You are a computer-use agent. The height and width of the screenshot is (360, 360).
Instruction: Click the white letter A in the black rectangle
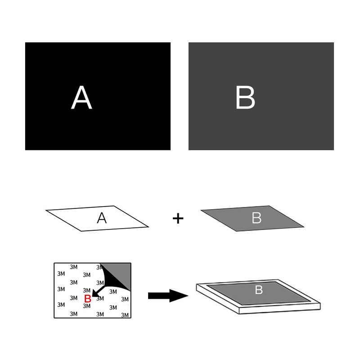[81, 97]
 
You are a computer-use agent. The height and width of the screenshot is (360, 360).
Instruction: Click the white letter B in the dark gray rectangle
[245, 97]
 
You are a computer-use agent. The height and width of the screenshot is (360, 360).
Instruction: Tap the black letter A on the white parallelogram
[102, 218]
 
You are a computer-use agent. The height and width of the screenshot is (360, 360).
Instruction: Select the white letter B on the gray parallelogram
[256, 218]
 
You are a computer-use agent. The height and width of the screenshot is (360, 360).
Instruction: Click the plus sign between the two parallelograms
[178, 218]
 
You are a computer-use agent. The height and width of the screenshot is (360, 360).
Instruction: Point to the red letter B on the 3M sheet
[88, 299]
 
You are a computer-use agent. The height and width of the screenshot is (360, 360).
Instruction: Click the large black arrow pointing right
[168, 296]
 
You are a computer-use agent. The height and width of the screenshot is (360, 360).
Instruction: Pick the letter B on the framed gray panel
[259, 290]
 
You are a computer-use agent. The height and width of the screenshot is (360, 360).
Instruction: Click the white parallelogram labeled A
[97, 218]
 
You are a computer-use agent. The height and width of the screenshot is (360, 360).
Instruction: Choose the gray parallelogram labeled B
[252, 218]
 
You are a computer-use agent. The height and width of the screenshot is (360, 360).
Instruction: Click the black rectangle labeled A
[98, 96]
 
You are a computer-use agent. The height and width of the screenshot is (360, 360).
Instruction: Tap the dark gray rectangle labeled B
[261, 96]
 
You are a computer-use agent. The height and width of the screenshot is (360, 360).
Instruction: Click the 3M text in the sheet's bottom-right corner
[125, 315]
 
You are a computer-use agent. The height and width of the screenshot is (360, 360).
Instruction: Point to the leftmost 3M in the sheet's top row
[74, 267]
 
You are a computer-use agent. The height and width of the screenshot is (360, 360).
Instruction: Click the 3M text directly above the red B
[86, 290]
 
